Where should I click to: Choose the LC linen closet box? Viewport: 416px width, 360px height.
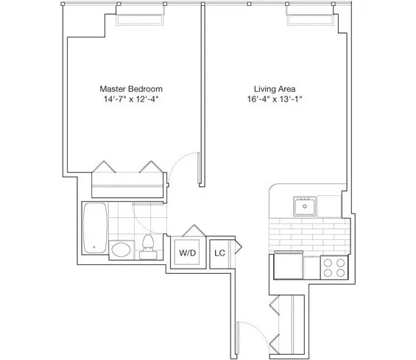click(x=219, y=253)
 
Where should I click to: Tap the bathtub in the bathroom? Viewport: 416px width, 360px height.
click(x=94, y=227)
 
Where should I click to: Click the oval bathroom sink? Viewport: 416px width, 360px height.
click(x=120, y=250)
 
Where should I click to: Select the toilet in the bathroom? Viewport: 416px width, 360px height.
click(x=147, y=247)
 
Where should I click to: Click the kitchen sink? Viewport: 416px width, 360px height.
click(x=304, y=206)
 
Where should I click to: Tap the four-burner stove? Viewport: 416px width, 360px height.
click(x=335, y=267)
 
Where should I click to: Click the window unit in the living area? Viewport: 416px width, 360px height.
click(x=304, y=16)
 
